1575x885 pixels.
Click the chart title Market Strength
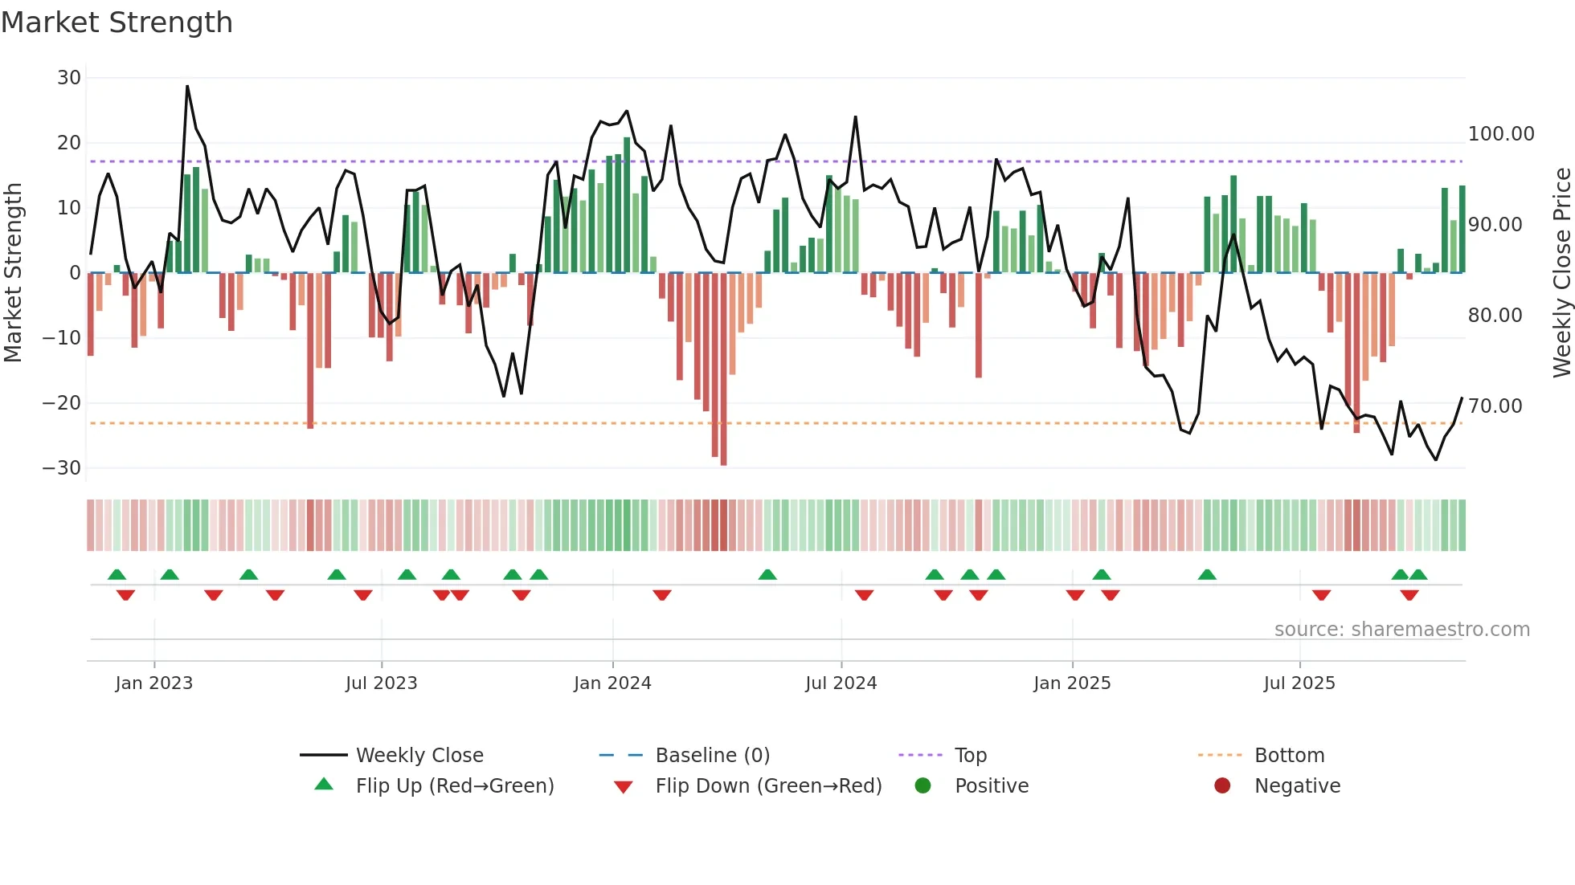pos(117,22)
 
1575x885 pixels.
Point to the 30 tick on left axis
pos(69,78)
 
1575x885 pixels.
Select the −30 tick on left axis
pos(62,468)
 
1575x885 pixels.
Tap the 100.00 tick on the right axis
pos(1501,134)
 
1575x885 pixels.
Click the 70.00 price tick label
pos(1495,406)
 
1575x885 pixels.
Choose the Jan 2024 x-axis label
pos(612,683)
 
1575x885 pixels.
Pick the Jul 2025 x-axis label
pos(1299,683)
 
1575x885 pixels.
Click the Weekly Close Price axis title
pos(1561,273)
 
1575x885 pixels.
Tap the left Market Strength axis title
pos(13,273)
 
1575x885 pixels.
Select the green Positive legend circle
pos(922,786)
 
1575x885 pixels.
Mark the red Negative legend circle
pos(1222,786)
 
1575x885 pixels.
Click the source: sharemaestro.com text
pos(1401,630)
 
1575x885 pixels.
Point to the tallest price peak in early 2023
pos(187,87)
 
